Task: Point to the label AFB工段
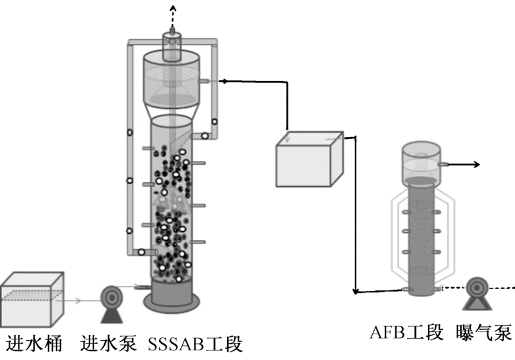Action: coord(407,332)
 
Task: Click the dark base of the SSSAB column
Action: coord(171,297)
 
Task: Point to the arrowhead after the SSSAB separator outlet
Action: coord(223,81)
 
